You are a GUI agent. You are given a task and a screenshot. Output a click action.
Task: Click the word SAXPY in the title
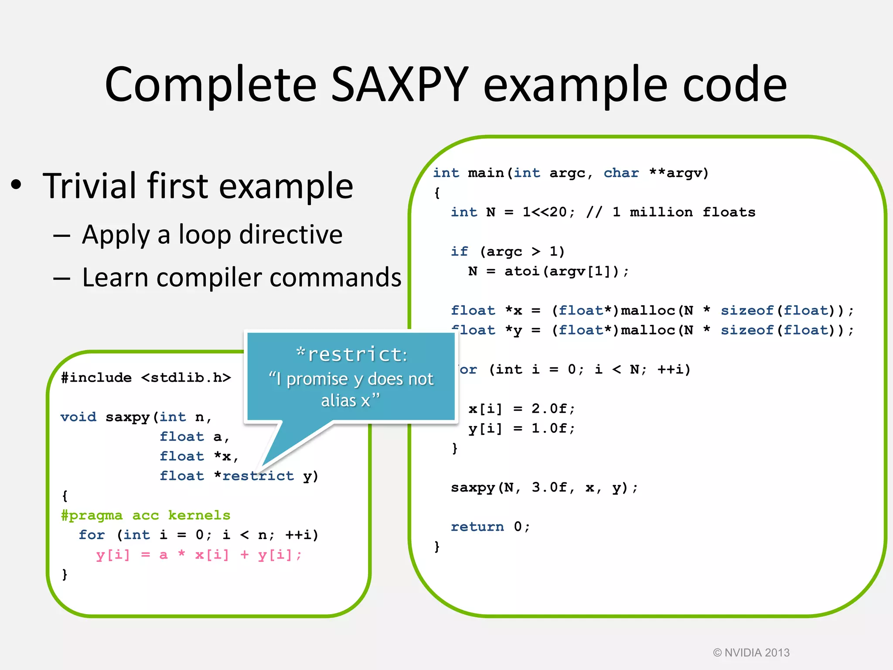(x=399, y=85)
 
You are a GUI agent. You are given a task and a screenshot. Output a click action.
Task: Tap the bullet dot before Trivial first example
(x=16, y=185)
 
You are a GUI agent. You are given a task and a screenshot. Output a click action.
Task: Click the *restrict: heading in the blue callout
(x=351, y=354)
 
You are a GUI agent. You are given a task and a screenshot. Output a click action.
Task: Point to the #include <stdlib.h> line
(x=146, y=378)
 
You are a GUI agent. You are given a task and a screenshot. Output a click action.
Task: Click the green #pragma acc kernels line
(x=146, y=516)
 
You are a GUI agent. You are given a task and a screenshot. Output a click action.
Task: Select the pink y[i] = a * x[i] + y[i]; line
(x=198, y=555)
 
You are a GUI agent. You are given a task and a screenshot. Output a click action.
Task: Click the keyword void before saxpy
(x=78, y=417)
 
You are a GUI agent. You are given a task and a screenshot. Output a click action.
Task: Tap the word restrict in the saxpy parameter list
(x=258, y=476)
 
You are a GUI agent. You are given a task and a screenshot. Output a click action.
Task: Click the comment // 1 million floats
(x=671, y=212)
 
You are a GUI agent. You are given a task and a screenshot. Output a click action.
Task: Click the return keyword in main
(x=477, y=527)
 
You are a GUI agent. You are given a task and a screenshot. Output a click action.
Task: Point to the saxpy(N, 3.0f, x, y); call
(x=544, y=488)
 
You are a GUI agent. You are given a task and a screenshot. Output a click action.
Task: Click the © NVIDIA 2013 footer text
(x=751, y=653)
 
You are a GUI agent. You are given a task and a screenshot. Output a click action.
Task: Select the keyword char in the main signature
(x=621, y=173)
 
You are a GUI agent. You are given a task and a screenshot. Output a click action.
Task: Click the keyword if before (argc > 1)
(x=459, y=252)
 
